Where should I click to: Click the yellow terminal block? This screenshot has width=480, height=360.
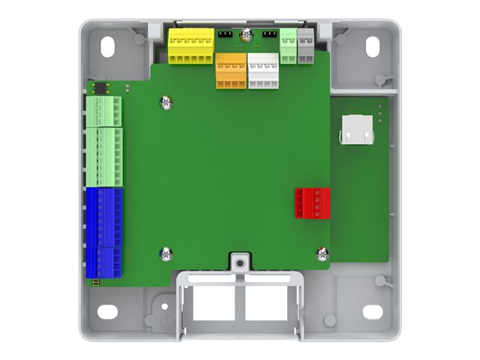tap(191, 46)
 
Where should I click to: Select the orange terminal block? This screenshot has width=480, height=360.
tap(231, 70)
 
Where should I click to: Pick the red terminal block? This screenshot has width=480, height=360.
tap(310, 202)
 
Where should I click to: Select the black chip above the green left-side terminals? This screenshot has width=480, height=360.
tap(98, 88)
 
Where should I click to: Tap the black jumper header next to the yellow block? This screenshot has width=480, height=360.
tap(224, 34)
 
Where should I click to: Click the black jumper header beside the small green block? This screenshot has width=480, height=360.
tap(269, 34)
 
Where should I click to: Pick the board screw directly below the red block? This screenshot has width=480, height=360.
tap(322, 253)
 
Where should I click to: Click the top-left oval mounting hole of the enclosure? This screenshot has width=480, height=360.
tap(108, 46)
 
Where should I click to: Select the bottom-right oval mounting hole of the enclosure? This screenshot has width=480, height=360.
tap(373, 311)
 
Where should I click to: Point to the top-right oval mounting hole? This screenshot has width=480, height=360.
tap(373, 46)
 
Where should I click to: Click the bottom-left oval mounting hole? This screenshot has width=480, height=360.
tap(108, 311)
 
